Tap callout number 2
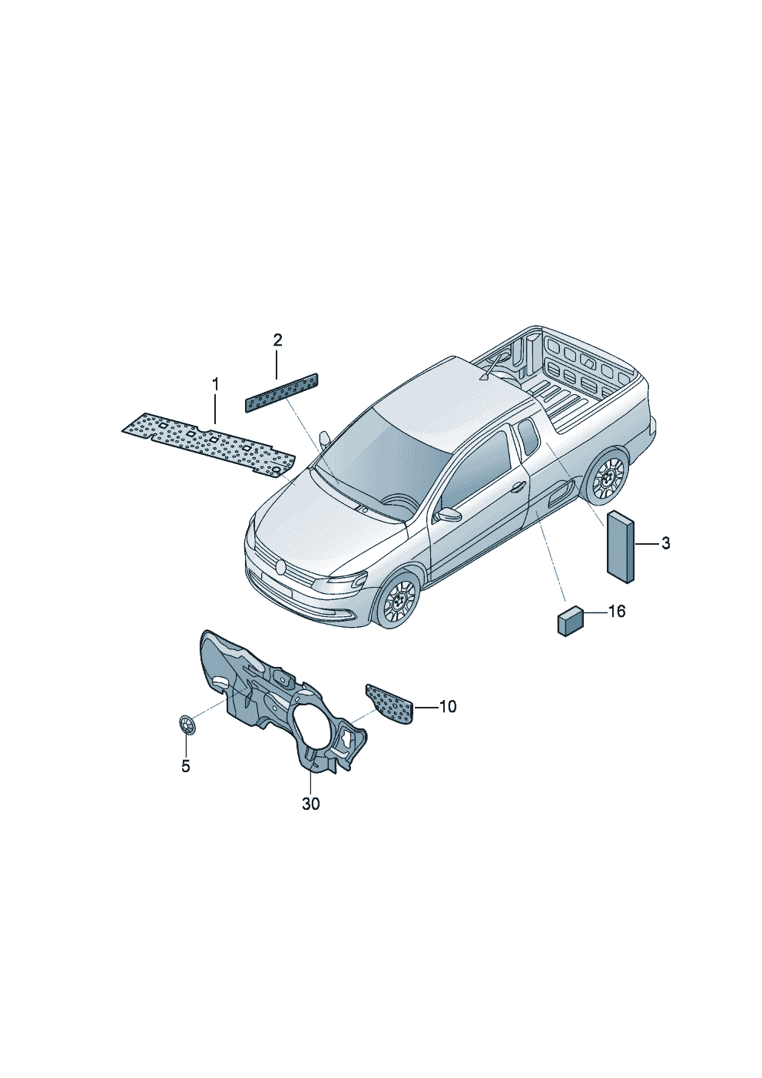277,340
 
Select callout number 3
665,544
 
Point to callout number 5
185,766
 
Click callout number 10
447,706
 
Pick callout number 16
617,612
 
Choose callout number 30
310,804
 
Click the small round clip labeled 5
186,724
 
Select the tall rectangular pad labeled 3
621,546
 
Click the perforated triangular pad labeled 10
391,703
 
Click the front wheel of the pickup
398,600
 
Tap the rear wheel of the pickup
608,478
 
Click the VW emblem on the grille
281,568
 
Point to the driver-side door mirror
448,514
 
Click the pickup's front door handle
518,486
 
